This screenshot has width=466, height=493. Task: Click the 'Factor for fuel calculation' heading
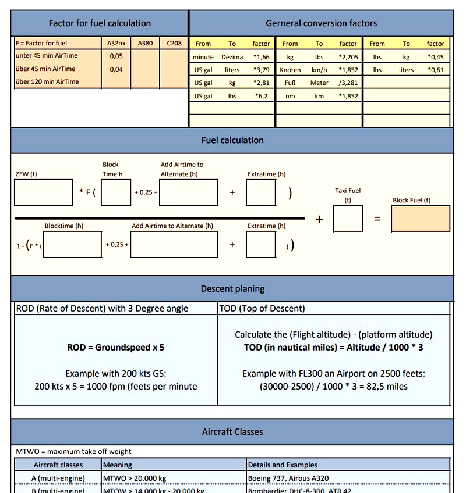click(100, 23)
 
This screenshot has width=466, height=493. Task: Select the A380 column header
click(145, 44)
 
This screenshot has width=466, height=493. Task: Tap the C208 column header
click(174, 44)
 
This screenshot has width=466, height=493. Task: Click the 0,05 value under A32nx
click(116, 56)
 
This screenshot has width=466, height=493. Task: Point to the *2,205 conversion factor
click(348, 57)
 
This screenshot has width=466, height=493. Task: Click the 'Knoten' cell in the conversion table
click(290, 70)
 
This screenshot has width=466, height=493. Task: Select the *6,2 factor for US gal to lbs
click(261, 96)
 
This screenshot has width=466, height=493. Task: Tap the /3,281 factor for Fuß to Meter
click(348, 83)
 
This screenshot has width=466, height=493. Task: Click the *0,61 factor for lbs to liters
click(435, 70)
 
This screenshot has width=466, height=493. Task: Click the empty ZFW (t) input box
click(44, 192)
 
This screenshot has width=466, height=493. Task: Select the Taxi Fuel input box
click(348, 219)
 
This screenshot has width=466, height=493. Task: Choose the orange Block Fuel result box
click(421, 219)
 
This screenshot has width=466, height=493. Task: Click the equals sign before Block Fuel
click(377, 219)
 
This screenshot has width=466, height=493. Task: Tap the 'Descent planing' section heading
click(232, 288)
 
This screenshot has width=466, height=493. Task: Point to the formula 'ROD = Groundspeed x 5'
click(116, 348)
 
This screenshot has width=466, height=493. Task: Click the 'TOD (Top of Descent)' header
click(262, 309)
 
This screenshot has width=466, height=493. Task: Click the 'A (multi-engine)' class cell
click(58, 478)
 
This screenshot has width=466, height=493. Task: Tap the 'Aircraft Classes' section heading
click(232, 432)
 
